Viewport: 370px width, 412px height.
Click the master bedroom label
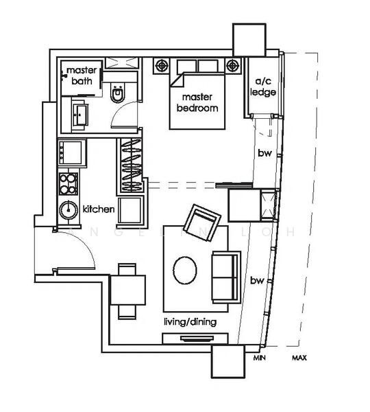click(197, 103)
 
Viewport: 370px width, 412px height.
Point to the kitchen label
click(97, 209)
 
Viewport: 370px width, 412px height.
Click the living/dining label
click(188, 321)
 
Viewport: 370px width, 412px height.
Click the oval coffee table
click(186, 269)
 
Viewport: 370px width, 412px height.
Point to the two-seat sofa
click(225, 276)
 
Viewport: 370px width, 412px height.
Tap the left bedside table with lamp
click(162, 67)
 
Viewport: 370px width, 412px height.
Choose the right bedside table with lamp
click(235, 67)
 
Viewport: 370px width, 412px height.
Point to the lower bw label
click(257, 280)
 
